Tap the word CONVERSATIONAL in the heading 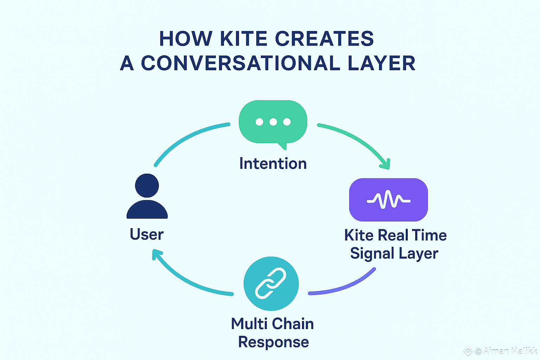240,63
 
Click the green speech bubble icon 273,122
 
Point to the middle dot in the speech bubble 273,122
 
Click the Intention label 273,164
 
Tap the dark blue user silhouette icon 147,197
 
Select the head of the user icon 147,185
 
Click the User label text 147,234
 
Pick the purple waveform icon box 388,200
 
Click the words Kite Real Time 395,235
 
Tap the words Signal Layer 394,253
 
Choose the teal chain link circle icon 271,283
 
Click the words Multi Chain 272,324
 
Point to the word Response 274,342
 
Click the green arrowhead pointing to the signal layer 385,164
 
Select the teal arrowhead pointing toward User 156,254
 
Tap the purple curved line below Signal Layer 345,287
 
